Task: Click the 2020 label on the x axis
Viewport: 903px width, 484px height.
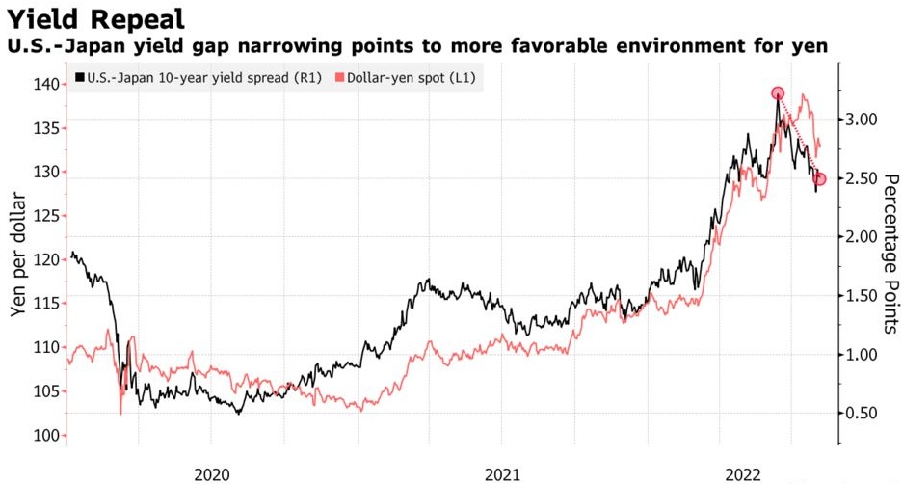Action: coord(212,473)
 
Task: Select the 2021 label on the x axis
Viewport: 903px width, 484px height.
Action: coord(502,473)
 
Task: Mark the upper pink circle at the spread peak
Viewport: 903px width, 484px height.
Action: coord(778,94)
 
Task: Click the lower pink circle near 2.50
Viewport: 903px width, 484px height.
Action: coord(820,178)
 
